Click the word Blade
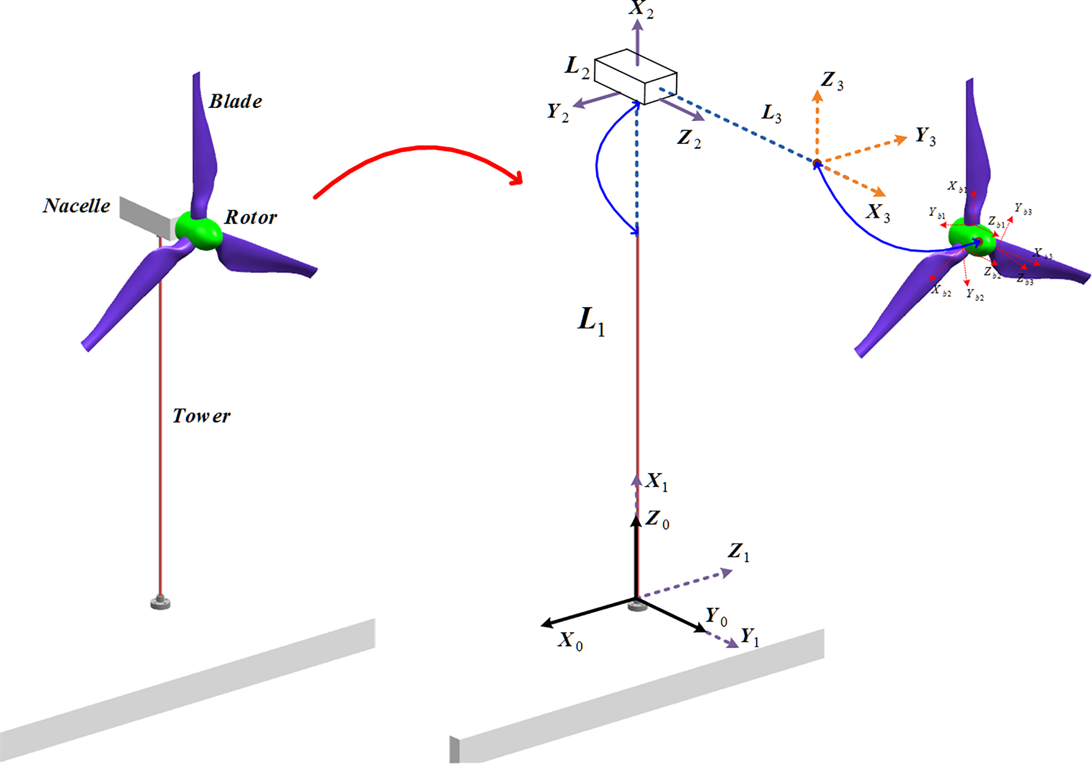[235, 101]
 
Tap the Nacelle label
[77, 206]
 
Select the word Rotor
[250, 217]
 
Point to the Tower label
[201, 416]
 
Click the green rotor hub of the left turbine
[198, 230]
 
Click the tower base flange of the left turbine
[160, 602]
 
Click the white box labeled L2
[636, 76]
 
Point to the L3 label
[771, 114]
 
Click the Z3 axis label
[832, 81]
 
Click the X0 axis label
[571, 641]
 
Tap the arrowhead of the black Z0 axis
[636, 520]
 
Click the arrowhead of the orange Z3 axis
[817, 96]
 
